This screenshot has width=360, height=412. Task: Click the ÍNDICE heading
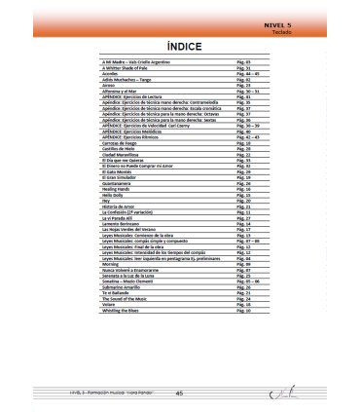click(178, 46)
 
